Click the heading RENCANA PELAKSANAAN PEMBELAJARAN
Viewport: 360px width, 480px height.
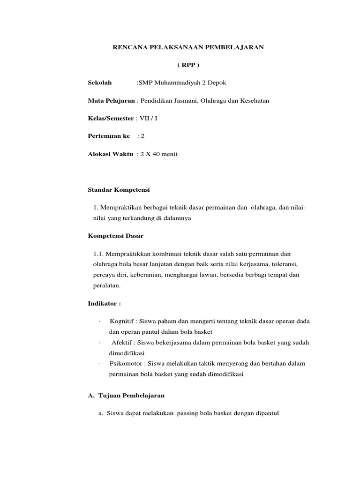(189, 47)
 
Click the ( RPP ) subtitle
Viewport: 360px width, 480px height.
(189, 65)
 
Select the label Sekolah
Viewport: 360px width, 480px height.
(100, 83)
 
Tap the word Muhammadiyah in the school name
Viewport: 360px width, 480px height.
(180, 83)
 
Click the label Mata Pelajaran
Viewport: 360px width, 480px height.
(111, 101)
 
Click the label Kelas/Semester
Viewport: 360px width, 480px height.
(111, 118)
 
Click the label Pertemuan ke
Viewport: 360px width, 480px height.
(109, 136)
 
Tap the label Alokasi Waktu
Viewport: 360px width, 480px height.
(110, 154)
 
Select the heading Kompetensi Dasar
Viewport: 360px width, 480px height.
(116, 235)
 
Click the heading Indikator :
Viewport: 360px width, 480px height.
(104, 303)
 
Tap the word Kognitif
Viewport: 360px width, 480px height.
(121, 321)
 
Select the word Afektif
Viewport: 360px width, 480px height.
(121, 343)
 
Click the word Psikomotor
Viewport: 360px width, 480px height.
(124, 364)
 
